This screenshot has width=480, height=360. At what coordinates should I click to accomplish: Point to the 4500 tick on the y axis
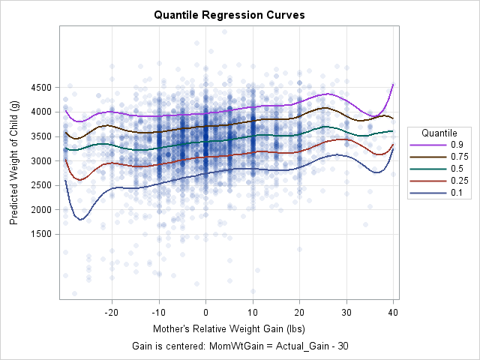(x=41, y=88)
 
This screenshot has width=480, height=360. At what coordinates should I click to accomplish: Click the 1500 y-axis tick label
(x=41, y=234)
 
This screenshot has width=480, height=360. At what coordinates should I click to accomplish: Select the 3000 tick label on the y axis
(x=41, y=160)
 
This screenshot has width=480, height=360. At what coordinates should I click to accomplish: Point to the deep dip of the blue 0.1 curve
(x=81, y=219)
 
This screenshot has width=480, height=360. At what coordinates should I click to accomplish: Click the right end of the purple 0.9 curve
(x=393, y=85)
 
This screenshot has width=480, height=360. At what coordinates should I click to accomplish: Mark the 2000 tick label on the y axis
(x=41, y=209)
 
